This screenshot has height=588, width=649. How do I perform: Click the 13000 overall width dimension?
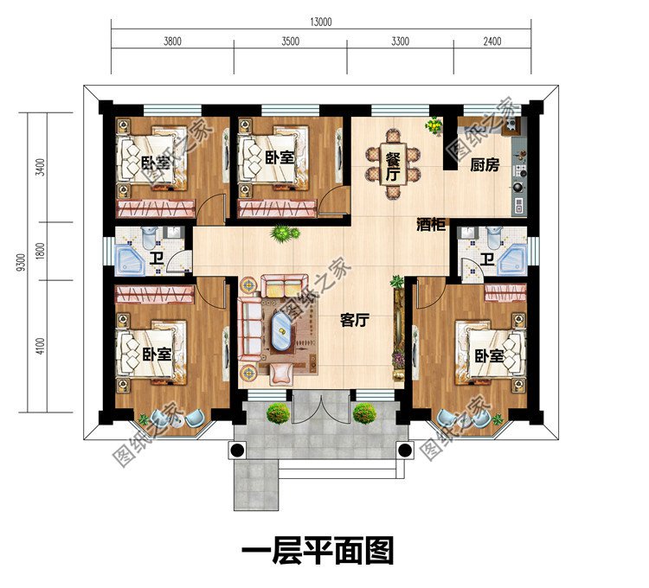click(x=317, y=23)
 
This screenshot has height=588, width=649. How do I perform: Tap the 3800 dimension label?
click(x=172, y=42)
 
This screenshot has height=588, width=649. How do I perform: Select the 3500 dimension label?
click(x=290, y=42)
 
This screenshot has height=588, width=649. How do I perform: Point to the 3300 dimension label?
click(x=401, y=42)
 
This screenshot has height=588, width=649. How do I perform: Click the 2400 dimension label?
click(x=492, y=42)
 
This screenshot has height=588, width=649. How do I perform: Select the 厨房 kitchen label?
click(x=485, y=165)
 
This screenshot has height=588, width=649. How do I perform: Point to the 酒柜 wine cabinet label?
click(x=429, y=224)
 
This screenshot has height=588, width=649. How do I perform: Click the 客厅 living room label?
click(x=355, y=321)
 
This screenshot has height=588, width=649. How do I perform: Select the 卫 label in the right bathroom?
click(x=487, y=259)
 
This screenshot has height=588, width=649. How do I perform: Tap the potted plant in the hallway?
click(x=283, y=233)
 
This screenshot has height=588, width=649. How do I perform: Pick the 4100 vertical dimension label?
click(x=41, y=347)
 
